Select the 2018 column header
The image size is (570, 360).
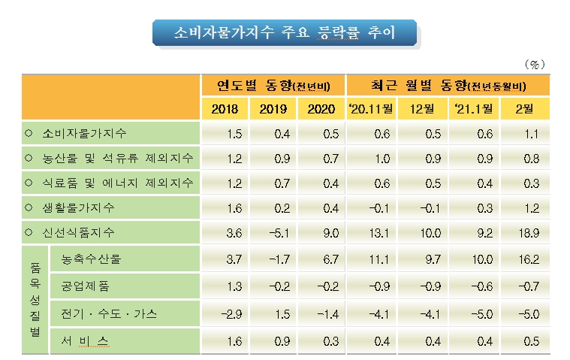coord(225,109)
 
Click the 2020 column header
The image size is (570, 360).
coord(322,109)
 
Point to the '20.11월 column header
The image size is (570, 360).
coord(371,109)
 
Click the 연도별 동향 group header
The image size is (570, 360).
coord(273,83)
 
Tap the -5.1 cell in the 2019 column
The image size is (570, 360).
coord(273,233)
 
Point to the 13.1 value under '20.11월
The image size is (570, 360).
coord(371,233)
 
